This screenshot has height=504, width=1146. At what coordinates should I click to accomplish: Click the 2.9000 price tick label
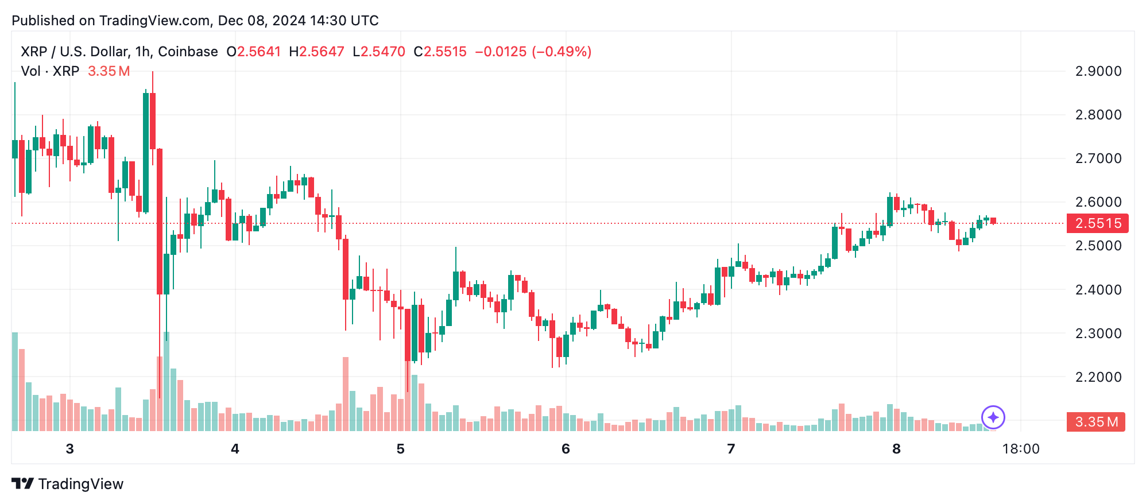[x=1098, y=71]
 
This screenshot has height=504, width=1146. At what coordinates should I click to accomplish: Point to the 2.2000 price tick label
[x=1098, y=377]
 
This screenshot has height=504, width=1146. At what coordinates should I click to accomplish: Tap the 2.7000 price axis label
[x=1098, y=158]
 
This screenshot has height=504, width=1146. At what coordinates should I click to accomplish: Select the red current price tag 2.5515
[x=1097, y=223]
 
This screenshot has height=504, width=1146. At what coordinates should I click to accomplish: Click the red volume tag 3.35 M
[x=1095, y=422]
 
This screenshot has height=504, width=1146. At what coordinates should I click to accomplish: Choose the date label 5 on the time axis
[x=400, y=449]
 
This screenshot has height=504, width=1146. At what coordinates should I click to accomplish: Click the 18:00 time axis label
[x=1020, y=449]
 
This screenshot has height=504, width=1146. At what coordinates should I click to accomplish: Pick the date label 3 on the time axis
[x=69, y=449]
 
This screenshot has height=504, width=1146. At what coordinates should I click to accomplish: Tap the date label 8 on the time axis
[x=896, y=449]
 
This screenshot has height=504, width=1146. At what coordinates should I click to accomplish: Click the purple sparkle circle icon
[x=993, y=417]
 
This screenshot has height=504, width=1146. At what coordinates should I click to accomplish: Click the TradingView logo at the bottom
[x=68, y=484]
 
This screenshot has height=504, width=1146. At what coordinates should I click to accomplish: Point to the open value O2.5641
[x=254, y=52]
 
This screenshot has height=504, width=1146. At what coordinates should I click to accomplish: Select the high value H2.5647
[x=316, y=52]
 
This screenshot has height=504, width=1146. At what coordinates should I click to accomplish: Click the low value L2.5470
[x=379, y=52]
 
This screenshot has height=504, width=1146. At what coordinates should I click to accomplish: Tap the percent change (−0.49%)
[x=562, y=52]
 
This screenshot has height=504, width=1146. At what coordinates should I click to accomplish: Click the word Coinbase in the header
[x=188, y=52]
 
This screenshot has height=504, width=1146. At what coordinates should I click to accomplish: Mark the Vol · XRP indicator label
[x=50, y=71]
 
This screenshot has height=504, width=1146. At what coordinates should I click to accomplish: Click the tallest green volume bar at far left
[x=15, y=382]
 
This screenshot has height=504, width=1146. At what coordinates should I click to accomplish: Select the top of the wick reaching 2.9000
[x=153, y=72]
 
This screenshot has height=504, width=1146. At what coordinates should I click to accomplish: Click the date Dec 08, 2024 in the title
[x=262, y=21]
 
